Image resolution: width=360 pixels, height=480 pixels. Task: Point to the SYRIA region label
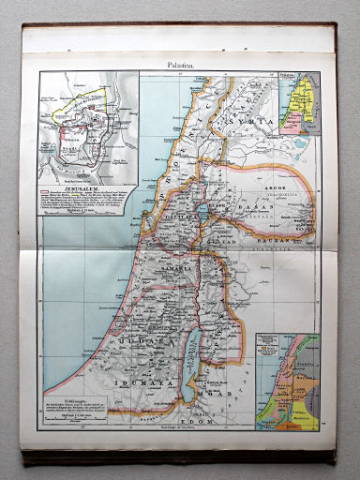(x=258, y=121)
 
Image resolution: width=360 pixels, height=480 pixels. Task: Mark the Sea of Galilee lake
(x=204, y=211)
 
